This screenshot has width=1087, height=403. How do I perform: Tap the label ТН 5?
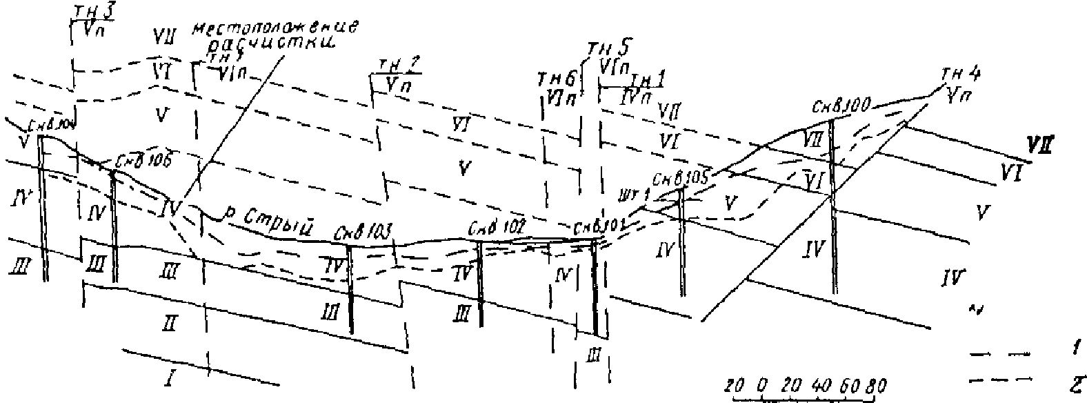pos(608,49)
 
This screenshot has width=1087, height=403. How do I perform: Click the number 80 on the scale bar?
pos(877,384)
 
